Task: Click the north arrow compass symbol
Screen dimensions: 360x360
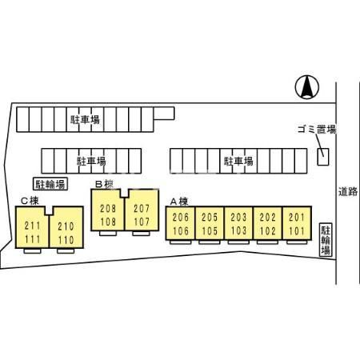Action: point(307,87)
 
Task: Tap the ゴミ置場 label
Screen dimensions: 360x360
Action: point(317,130)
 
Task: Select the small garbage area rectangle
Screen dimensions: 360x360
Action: point(323,157)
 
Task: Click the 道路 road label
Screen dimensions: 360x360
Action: point(348,191)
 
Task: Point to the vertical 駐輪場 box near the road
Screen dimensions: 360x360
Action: point(326,240)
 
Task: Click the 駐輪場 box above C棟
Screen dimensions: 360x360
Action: point(50,184)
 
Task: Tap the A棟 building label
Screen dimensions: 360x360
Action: point(179,202)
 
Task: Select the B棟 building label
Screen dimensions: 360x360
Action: point(105,184)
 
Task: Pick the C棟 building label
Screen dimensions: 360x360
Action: point(30,201)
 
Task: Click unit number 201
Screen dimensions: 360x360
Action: point(297,218)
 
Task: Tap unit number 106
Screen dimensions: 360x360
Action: point(181,230)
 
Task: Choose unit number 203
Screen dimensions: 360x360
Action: point(238,218)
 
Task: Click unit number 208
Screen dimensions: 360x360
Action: point(108,209)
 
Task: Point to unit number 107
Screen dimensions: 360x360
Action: point(142,222)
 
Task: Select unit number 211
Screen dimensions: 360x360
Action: point(33,226)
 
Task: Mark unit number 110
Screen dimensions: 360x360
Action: point(66,240)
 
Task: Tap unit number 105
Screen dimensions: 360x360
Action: point(210,230)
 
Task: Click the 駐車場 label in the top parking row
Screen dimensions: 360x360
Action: point(85,119)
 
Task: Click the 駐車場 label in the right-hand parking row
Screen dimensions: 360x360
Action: point(238,161)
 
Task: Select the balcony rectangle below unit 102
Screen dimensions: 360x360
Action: point(267,242)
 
